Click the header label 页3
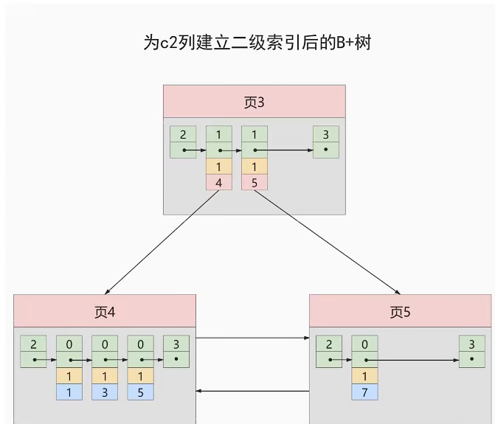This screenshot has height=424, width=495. [255, 102]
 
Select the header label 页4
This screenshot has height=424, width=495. [105, 311]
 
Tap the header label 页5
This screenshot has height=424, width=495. [400, 311]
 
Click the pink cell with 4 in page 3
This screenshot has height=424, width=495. [218, 182]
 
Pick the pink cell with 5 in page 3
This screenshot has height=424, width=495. [255, 182]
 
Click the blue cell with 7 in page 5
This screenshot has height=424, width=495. [364, 392]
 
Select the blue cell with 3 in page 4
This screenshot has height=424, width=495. [105, 392]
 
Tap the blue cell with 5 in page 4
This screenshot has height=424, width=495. [140, 392]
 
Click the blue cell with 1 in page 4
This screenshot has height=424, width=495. [69, 392]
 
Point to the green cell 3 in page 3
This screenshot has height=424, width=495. [325, 134]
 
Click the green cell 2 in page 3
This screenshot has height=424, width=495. [183, 134]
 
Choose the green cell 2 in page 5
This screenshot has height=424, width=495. [328, 344]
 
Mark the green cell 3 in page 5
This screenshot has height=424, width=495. [471, 344]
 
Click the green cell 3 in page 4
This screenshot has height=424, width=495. [176, 344]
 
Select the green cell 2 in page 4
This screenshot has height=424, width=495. [33, 344]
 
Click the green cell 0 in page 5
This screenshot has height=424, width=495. [364, 344]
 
